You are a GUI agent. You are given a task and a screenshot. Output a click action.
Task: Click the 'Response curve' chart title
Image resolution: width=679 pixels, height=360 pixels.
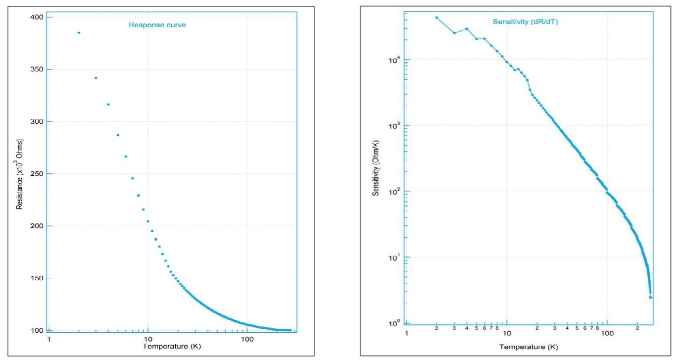(157, 25)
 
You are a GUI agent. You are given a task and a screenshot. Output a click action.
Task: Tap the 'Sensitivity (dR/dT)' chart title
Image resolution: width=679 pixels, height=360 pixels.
(525, 22)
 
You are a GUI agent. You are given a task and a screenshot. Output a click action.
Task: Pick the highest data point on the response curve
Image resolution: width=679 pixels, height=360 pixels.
(79, 33)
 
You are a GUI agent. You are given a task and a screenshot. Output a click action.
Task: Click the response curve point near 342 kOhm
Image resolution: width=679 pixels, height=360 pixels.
(96, 78)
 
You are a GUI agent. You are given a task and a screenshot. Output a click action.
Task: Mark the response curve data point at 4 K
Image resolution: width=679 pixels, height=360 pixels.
(108, 104)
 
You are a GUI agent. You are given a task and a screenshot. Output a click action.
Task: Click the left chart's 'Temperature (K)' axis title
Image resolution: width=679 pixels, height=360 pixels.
(172, 346)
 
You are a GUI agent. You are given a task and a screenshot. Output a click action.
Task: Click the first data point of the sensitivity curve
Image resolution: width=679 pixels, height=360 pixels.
(436, 17)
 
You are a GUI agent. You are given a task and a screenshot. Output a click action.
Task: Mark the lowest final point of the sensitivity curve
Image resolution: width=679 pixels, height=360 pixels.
(650, 297)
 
